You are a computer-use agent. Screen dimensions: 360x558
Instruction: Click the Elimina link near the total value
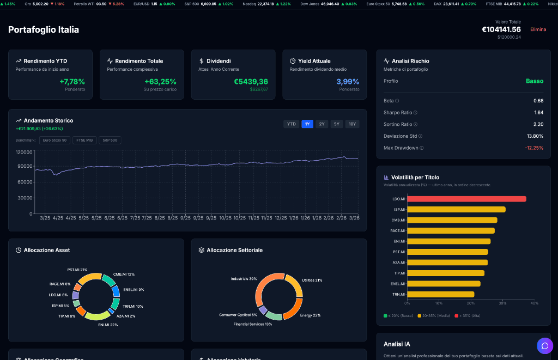click(x=538, y=29)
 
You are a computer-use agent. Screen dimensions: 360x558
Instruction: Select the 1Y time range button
click(x=307, y=124)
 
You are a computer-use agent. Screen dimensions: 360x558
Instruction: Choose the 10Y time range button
click(x=353, y=124)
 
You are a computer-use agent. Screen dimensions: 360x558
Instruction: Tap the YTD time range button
click(x=292, y=124)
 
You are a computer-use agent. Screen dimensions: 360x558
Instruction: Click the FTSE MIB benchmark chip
click(x=84, y=140)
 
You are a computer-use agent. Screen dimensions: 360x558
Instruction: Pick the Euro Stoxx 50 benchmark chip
click(x=54, y=140)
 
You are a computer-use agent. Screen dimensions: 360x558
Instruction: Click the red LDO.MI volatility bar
click(x=466, y=199)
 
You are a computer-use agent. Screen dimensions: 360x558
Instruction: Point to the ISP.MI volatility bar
click(x=456, y=210)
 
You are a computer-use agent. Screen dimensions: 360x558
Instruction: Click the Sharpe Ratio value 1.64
click(x=538, y=112)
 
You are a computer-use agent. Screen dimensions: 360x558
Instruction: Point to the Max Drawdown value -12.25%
click(x=533, y=148)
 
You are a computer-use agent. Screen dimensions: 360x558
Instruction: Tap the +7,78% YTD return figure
click(x=72, y=82)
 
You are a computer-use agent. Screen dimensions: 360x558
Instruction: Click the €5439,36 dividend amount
click(x=251, y=82)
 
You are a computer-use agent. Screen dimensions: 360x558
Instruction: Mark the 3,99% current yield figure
click(x=348, y=82)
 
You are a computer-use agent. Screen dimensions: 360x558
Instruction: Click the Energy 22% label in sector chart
click(x=310, y=315)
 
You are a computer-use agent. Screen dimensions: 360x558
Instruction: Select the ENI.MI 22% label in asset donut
click(x=108, y=325)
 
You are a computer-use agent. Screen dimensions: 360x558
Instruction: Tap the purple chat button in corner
click(x=544, y=346)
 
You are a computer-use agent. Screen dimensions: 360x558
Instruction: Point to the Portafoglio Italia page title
click(x=44, y=29)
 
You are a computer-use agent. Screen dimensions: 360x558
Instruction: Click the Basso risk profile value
click(x=534, y=81)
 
